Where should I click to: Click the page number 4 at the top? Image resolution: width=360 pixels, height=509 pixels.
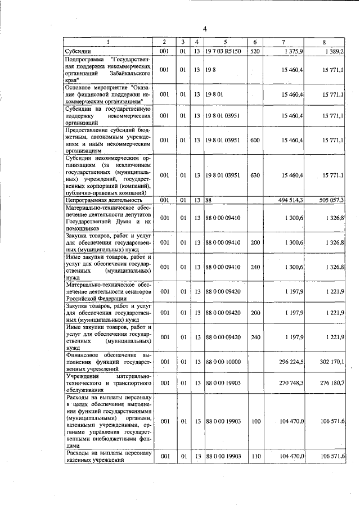pos(205,29)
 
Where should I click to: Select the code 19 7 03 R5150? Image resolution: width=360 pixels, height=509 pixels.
pos(222,51)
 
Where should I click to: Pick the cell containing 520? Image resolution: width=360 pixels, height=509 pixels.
pos(255,51)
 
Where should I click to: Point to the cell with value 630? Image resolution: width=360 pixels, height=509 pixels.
pos(255,175)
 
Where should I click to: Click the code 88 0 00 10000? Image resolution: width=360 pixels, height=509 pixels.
pos(223,361)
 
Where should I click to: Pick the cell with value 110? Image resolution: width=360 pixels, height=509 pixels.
pos(255,456)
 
